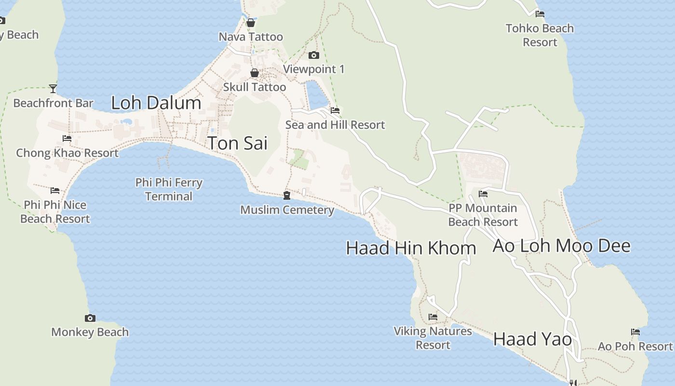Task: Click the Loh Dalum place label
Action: click(156, 103)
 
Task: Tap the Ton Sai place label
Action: click(237, 143)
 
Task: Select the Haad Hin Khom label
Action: click(411, 248)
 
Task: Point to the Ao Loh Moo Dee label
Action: click(561, 246)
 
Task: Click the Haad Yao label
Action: click(532, 339)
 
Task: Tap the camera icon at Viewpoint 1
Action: click(314, 55)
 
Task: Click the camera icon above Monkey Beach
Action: click(90, 318)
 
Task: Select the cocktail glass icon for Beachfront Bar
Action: click(53, 89)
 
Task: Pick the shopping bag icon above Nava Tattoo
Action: click(251, 23)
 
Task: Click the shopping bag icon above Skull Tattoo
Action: click(255, 73)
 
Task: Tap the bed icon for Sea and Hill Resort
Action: click(335, 110)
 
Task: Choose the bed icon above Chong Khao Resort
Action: click(67, 138)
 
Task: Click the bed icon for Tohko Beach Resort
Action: click(540, 14)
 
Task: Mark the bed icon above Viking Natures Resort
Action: click(433, 317)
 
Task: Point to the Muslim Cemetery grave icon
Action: click(287, 195)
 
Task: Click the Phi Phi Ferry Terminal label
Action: click(169, 190)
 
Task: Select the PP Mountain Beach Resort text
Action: click(483, 215)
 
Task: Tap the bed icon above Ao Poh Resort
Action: click(635, 332)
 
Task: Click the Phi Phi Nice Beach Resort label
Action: click(55, 212)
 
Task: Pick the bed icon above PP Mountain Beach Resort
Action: click(483, 194)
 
